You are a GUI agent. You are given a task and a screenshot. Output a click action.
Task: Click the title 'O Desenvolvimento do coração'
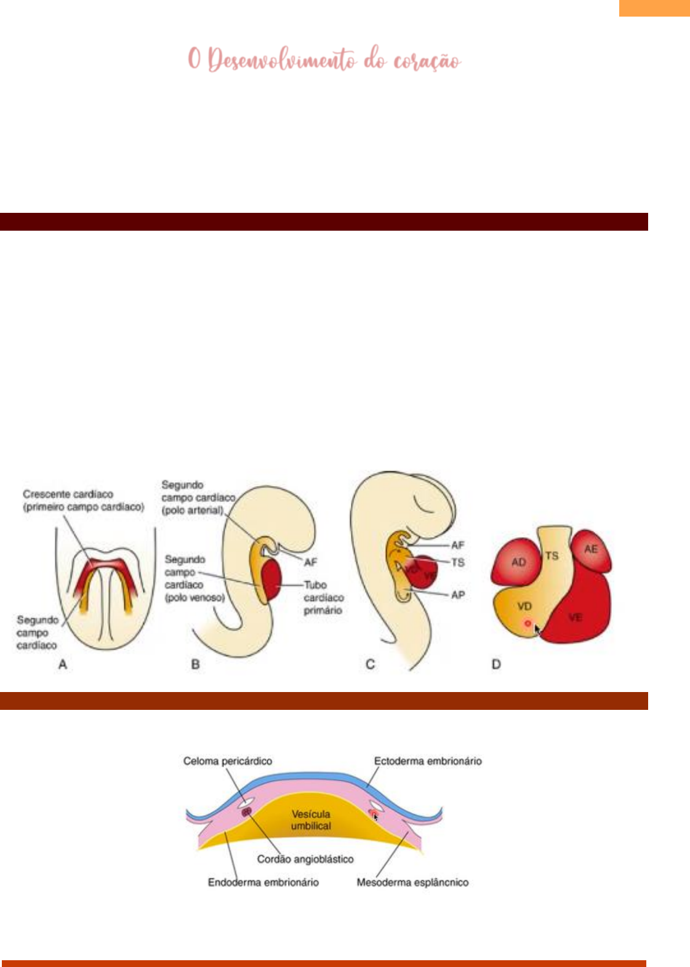(324, 60)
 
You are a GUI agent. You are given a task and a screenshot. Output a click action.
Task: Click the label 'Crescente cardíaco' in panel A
(68, 494)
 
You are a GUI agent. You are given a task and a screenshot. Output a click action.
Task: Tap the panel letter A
(62, 664)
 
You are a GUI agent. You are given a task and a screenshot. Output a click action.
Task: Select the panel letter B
(195, 664)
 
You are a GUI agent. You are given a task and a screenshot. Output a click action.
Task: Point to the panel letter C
(370, 664)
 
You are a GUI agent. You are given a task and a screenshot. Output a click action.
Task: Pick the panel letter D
(496, 664)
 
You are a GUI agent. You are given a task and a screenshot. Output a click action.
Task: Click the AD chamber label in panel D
(518, 562)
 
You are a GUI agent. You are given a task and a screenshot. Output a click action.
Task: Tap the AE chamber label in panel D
(590, 549)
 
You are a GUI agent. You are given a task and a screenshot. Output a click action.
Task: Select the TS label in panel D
(552, 555)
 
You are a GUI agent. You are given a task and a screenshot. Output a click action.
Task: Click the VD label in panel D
(524, 606)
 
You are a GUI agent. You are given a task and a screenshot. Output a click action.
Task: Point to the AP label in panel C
(458, 595)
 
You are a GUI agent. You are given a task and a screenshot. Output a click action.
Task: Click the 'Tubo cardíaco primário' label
(323, 597)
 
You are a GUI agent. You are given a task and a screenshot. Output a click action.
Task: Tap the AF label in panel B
(310, 562)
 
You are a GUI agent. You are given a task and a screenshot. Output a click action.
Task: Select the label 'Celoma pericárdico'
(227, 761)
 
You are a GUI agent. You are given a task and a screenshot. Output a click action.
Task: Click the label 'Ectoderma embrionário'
(428, 761)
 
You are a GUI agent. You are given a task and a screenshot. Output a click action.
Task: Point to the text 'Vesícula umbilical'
(311, 820)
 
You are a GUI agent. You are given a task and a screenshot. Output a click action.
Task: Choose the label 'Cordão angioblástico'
(305, 859)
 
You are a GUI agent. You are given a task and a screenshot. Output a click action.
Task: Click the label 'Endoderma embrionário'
(263, 882)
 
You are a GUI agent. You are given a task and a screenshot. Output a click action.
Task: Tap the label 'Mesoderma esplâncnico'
(412, 882)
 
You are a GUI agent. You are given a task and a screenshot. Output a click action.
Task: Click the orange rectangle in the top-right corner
(654, 7)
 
